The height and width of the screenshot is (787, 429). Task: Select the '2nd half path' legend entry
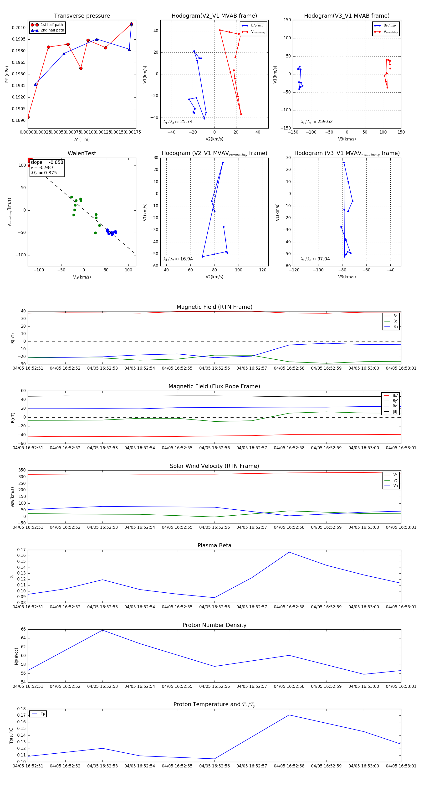(x=52, y=30)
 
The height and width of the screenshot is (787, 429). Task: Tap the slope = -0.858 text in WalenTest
(x=47, y=162)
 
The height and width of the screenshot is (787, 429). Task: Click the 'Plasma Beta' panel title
(x=214, y=545)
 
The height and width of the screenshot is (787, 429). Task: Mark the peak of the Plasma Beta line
(x=289, y=552)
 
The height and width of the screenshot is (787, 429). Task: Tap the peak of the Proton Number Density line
(x=102, y=630)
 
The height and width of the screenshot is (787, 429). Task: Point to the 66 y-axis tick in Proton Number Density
(x=23, y=629)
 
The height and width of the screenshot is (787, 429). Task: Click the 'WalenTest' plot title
(x=82, y=153)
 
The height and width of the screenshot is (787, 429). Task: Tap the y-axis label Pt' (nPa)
(x=7, y=74)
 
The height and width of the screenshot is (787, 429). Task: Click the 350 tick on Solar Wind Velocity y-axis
(x=22, y=470)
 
